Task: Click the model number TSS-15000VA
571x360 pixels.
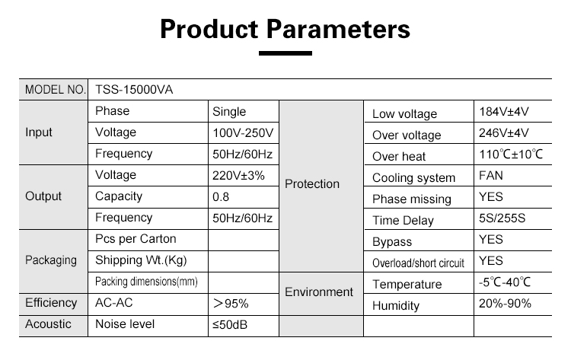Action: click(x=134, y=90)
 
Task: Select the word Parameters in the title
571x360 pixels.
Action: click(x=338, y=29)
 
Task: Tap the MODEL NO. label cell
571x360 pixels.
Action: click(x=55, y=90)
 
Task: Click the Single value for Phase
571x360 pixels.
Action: click(x=229, y=111)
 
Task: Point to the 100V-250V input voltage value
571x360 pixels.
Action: click(x=243, y=133)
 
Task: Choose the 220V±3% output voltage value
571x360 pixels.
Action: click(x=238, y=176)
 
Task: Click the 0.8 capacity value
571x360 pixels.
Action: click(x=221, y=197)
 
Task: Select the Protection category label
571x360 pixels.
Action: click(x=312, y=184)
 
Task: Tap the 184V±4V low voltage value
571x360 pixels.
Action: click(x=504, y=111)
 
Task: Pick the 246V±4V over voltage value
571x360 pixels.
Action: click(x=504, y=133)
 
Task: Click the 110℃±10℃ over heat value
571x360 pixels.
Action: click(x=511, y=155)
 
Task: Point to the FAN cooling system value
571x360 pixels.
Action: click(x=491, y=176)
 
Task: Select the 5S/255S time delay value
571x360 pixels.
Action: click(x=502, y=218)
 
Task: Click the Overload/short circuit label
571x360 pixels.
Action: click(x=419, y=263)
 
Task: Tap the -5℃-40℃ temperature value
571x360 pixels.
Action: click(x=505, y=282)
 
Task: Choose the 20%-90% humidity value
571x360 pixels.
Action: click(x=505, y=303)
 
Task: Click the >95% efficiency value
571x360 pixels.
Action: click(x=231, y=303)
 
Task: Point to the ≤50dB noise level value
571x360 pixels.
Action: click(x=230, y=325)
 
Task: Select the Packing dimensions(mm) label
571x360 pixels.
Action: click(x=146, y=282)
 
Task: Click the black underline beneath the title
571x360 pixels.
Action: click(x=285, y=53)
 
